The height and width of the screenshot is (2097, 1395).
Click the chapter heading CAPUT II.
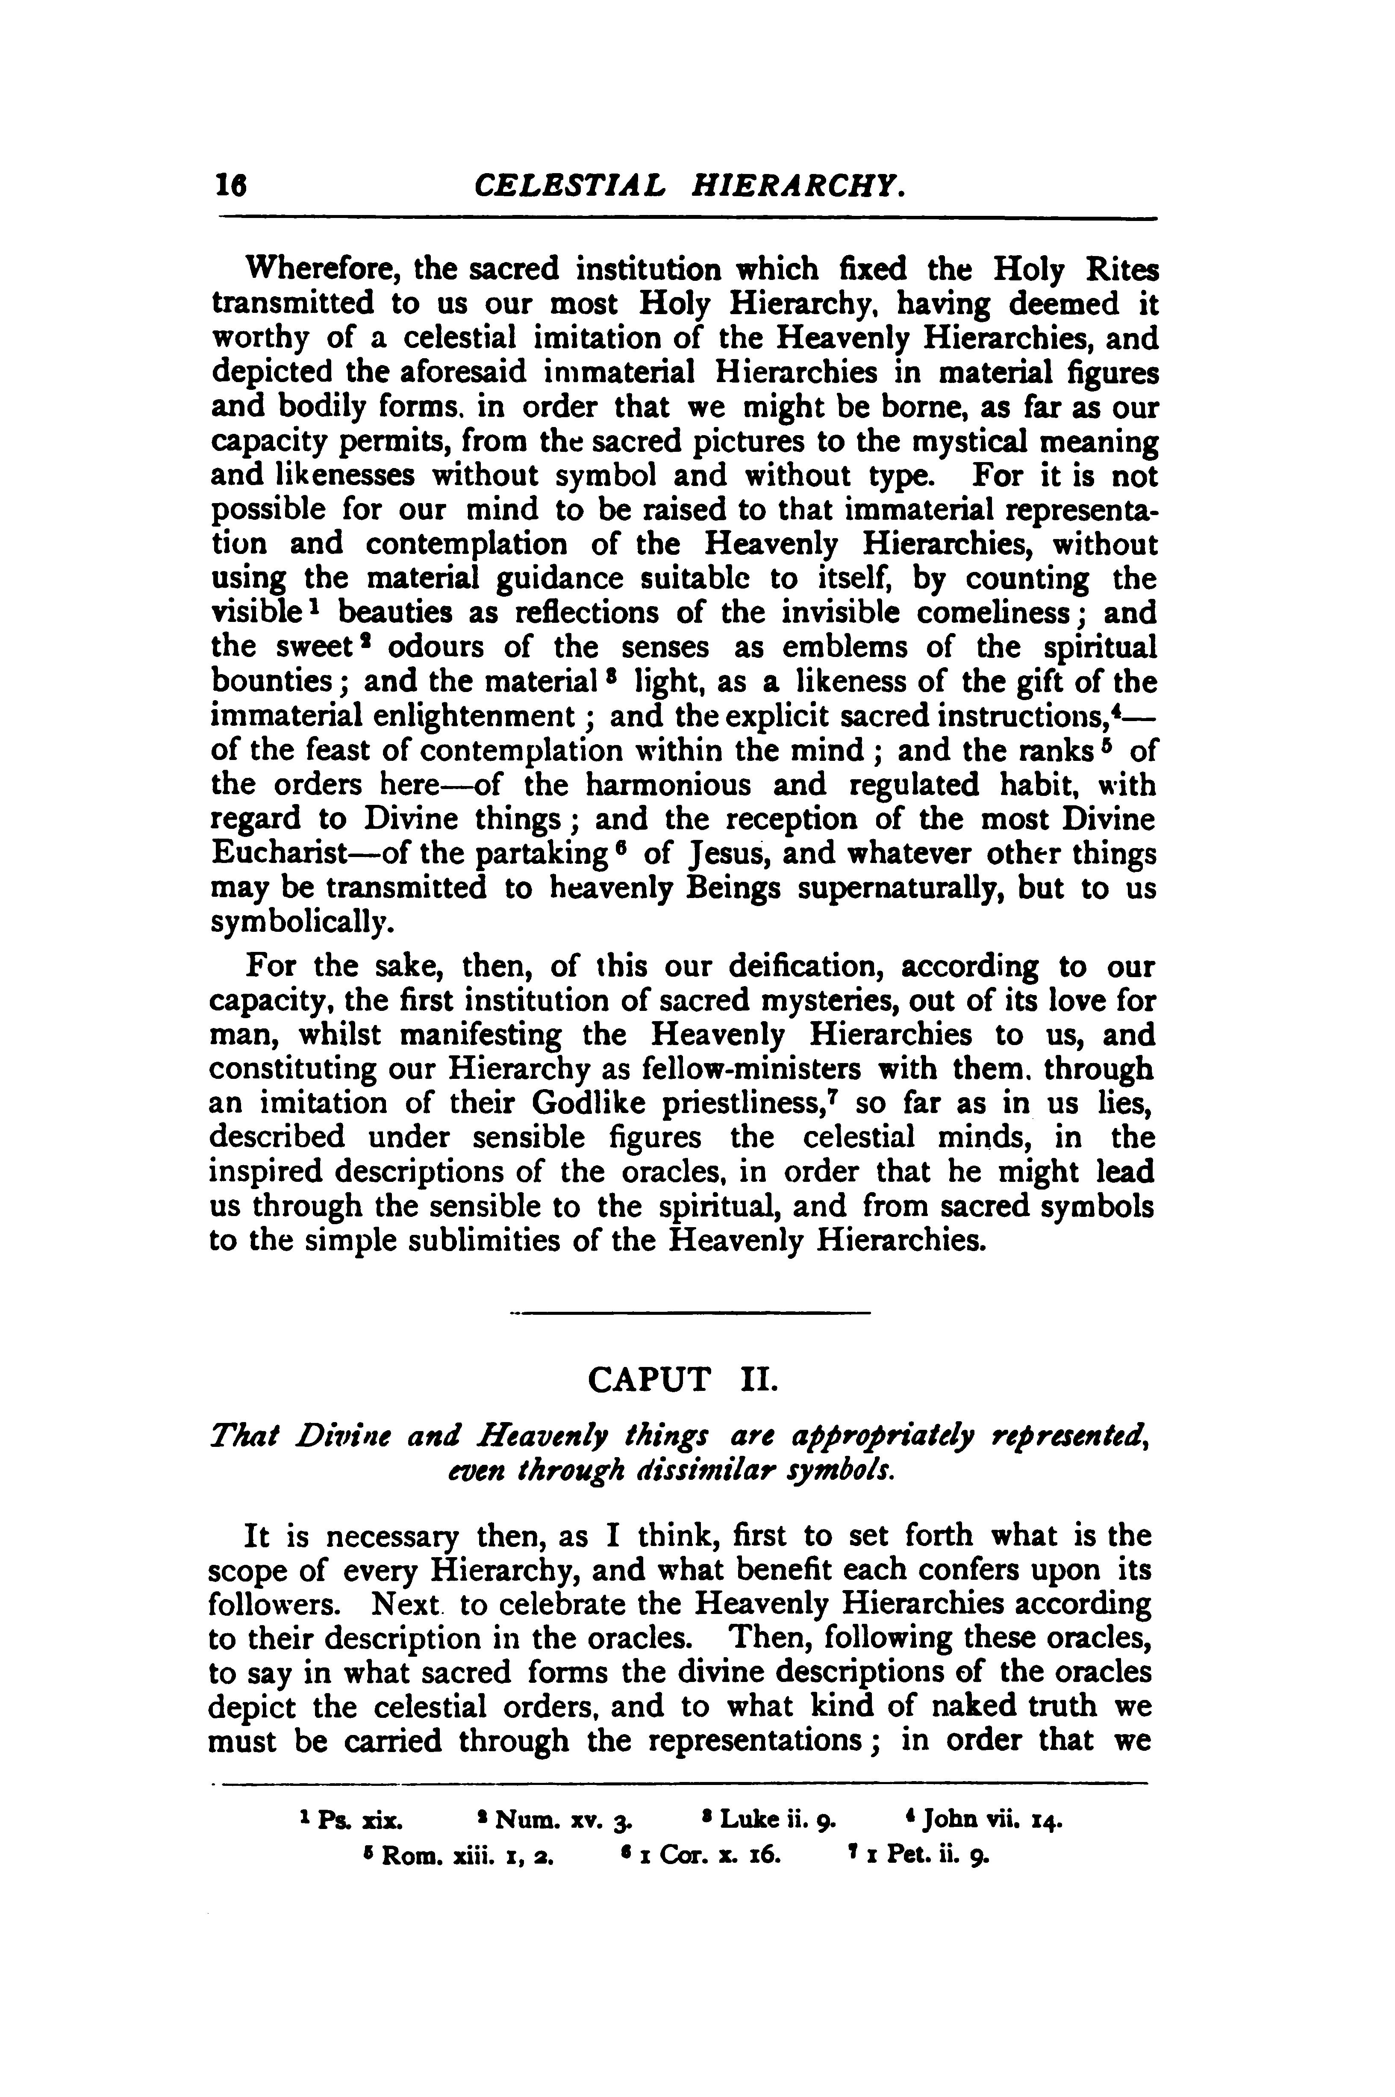point(683,1381)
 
